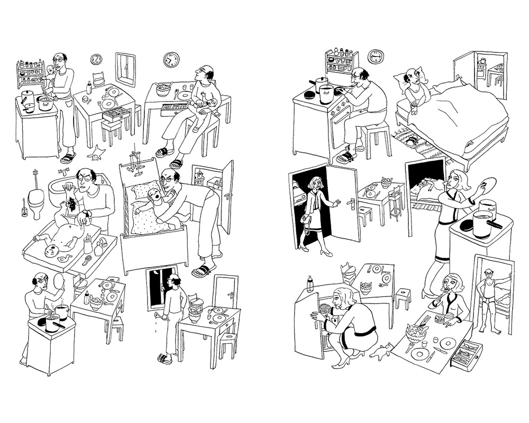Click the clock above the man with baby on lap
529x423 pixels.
(x=171, y=60)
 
